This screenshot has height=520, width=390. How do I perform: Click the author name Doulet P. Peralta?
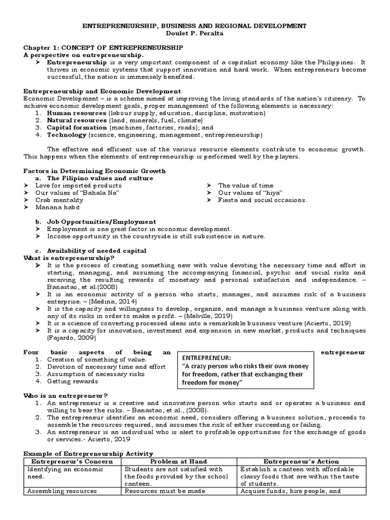(194, 33)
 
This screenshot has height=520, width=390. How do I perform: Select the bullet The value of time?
(245, 185)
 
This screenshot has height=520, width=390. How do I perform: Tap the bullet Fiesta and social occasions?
(263, 200)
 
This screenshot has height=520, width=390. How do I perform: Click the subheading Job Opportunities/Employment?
(102, 222)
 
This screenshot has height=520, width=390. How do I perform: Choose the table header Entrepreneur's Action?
(301, 462)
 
